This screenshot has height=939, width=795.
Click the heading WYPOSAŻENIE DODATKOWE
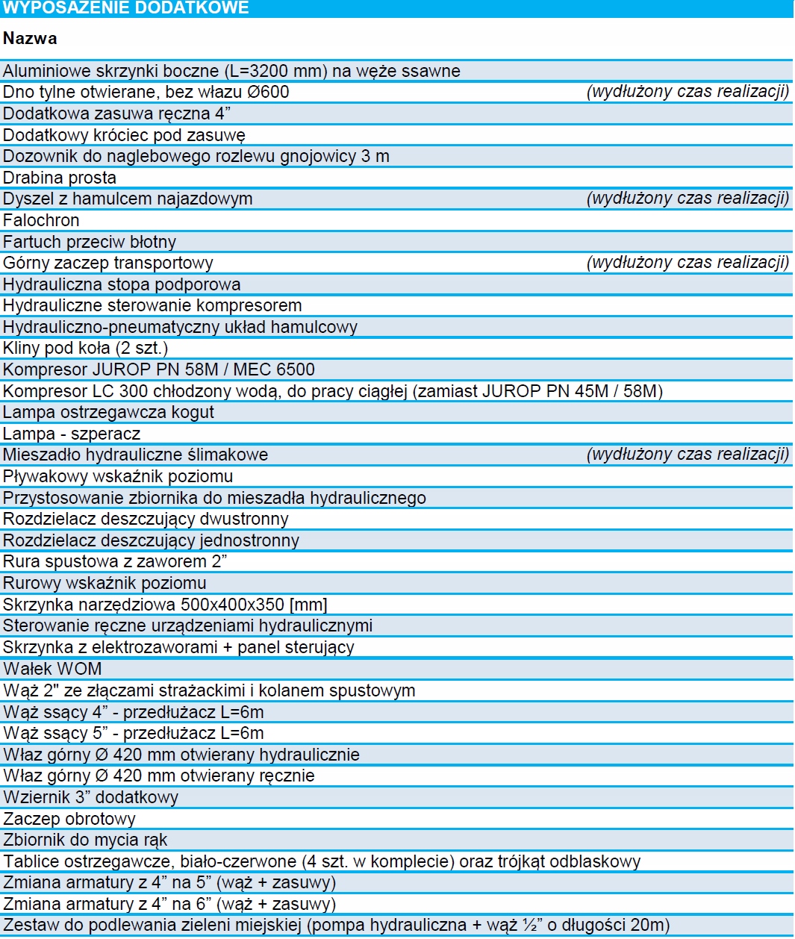(126, 8)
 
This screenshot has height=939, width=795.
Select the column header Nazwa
(30, 38)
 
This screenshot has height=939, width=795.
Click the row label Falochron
(41, 220)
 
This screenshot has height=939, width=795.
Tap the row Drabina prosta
(60, 178)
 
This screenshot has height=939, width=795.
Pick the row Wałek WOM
(52, 669)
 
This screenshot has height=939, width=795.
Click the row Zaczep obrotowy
(69, 819)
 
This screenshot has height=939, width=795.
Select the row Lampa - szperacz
(72, 434)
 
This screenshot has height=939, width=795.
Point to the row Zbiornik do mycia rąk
(85, 840)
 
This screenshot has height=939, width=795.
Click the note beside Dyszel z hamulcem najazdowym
(688, 199)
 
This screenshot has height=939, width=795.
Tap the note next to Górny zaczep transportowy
(688, 263)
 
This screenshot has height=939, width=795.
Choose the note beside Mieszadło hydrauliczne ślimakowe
(688, 455)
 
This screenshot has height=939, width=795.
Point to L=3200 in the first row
(261, 71)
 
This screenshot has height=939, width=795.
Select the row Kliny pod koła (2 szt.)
(85, 348)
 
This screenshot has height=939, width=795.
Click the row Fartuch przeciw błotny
(90, 242)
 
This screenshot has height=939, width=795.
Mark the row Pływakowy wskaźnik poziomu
(118, 476)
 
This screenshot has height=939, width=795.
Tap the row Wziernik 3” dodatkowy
(90, 797)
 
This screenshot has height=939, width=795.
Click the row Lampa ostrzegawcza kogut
(108, 412)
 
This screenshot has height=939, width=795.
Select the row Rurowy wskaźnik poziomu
(105, 583)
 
